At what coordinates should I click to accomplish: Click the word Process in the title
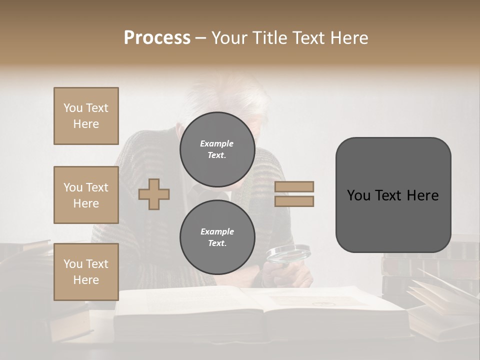(x=157, y=38)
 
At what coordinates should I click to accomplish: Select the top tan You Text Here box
(x=86, y=116)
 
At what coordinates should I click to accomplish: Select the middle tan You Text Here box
(x=86, y=195)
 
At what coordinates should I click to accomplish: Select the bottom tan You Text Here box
(x=86, y=272)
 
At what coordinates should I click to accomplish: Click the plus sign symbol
(x=154, y=194)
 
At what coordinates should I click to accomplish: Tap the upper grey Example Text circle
(x=217, y=149)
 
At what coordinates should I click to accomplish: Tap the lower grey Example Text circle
(x=217, y=237)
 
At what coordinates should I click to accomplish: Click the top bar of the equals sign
(x=294, y=186)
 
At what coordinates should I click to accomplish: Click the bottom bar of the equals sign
(x=294, y=201)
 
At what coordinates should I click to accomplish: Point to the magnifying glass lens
(x=288, y=254)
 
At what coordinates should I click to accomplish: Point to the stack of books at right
(x=425, y=270)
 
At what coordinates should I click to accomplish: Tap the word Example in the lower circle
(x=217, y=231)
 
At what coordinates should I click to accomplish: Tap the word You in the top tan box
(x=73, y=108)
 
